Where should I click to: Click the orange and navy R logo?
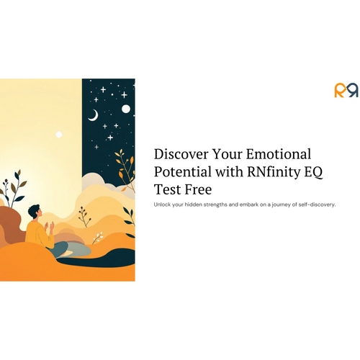[x=346, y=90]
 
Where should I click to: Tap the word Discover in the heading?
[x=181, y=154]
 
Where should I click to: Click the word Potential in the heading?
[x=183, y=172]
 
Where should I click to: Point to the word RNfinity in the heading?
[x=274, y=172]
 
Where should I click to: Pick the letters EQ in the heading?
[x=314, y=172]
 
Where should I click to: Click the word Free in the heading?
[x=198, y=189]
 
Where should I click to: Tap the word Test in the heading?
[x=168, y=189]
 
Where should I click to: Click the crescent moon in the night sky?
[x=93, y=115]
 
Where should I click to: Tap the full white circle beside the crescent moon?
[x=126, y=109]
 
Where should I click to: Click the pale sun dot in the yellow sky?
[x=59, y=135]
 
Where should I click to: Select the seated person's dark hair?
[x=33, y=211]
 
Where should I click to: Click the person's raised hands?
[x=49, y=225]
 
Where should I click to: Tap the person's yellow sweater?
[x=39, y=235]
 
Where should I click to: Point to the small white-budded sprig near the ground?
[x=98, y=238]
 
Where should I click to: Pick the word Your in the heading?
[x=227, y=154]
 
